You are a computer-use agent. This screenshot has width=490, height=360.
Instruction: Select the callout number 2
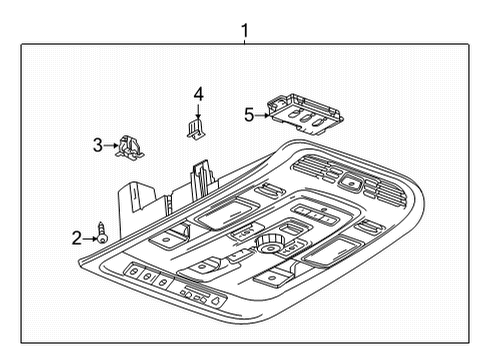point(76,237)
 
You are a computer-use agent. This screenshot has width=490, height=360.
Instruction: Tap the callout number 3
point(98,146)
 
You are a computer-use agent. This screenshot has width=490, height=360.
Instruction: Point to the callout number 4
point(198,94)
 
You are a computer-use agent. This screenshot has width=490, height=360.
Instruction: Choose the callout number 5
point(249,115)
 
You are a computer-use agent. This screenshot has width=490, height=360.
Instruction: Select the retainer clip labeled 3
point(128,146)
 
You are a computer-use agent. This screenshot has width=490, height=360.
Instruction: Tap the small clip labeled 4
point(197,127)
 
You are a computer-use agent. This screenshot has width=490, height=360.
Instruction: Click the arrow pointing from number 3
point(111,146)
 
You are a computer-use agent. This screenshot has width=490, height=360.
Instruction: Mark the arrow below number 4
point(198,111)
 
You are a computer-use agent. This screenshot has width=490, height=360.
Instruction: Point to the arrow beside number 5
point(262,115)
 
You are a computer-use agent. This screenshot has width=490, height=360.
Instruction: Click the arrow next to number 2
point(88,237)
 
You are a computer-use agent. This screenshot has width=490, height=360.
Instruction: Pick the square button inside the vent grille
point(353,182)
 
